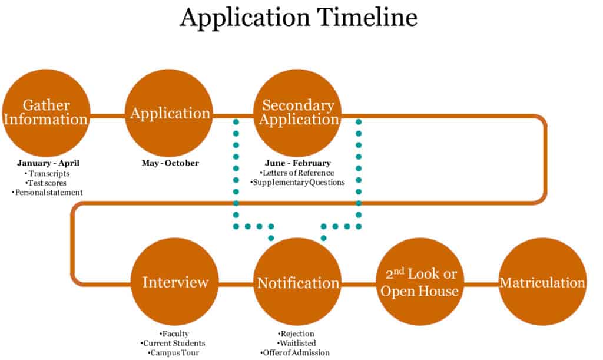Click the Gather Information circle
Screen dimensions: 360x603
click(x=46, y=113)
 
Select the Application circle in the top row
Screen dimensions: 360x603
click(x=170, y=113)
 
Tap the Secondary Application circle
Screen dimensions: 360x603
click(x=297, y=113)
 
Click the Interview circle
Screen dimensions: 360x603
click(x=175, y=282)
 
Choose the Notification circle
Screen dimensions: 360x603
click(x=298, y=282)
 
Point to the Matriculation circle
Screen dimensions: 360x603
click(x=542, y=282)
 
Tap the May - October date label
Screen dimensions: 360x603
click(x=170, y=163)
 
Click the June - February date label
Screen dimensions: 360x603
click(x=297, y=163)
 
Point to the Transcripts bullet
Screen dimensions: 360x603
click(x=48, y=173)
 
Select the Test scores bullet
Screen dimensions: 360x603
click(x=48, y=183)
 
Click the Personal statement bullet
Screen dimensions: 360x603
click(x=48, y=192)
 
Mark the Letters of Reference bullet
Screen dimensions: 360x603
click(x=297, y=173)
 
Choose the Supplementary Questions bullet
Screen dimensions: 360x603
click(x=297, y=183)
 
